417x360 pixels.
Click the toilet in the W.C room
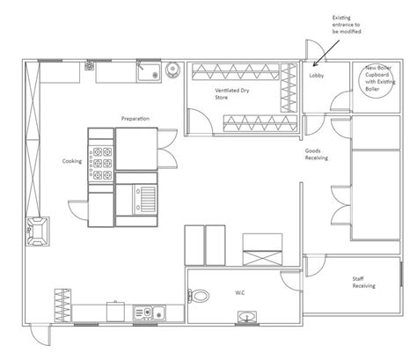tap(198, 296)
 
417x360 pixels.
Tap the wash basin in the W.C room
tap(247, 317)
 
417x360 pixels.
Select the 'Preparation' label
tap(135, 119)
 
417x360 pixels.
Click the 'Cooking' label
tap(72, 161)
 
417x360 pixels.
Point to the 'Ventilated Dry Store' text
tap(232, 93)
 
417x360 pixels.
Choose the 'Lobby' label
tap(317, 76)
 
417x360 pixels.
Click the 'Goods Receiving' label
tap(316, 154)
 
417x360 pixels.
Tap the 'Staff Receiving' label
tap(363, 283)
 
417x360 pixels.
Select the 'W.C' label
tap(240, 292)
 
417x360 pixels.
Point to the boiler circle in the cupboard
tap(377, 82)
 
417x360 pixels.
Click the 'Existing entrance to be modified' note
tap(347, 25)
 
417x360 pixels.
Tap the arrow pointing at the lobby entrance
tap(326, 54)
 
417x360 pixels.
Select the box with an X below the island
tap(262, 258)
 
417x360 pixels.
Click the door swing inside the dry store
tap(200, 121)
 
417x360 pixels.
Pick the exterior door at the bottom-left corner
tap(40, 335)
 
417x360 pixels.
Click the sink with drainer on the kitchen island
tap(144, 199)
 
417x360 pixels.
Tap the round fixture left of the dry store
tap(172, 70)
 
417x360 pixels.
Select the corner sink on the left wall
tap(38, 231)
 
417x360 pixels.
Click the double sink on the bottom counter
tap(150, 313)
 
